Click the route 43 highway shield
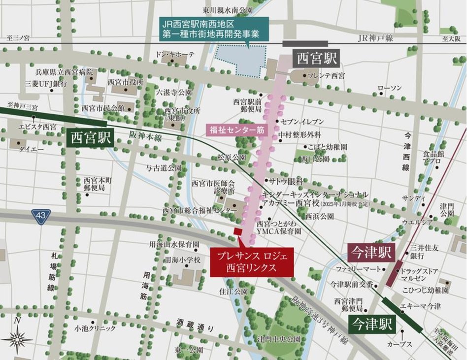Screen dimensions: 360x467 tap(41, 216)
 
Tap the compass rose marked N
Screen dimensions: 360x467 tap(18, 338)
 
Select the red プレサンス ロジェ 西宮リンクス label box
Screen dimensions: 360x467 tap(251, 262)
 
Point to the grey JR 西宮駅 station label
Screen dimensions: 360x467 tap(317, 59)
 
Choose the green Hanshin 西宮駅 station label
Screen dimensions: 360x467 tap(90, 137)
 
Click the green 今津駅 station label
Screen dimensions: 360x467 tap(372, 325)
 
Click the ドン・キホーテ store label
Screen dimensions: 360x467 tap(175, 54)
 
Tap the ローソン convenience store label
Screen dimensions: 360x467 tap(390, 88)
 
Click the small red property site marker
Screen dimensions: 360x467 tap(237, 231)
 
